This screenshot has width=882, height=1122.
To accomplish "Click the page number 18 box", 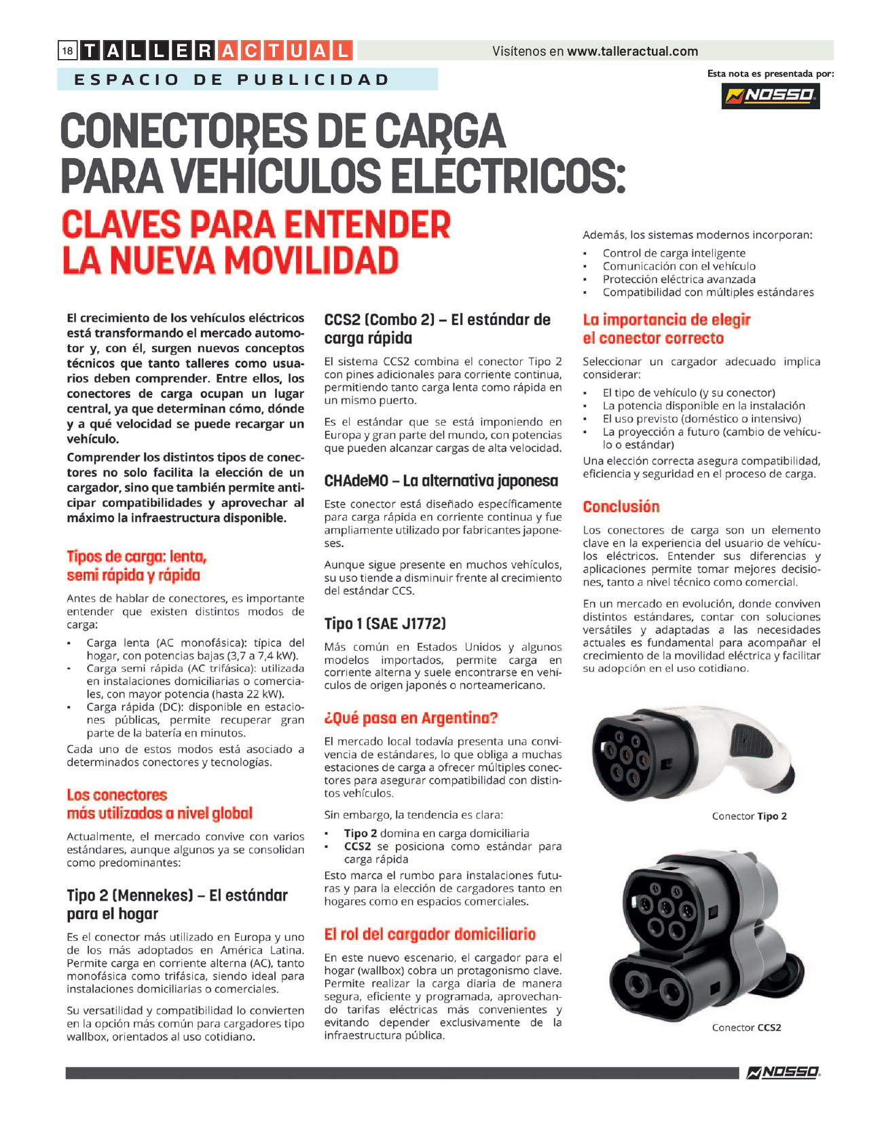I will (67, 51).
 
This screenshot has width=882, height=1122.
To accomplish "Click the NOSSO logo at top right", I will (770, 96).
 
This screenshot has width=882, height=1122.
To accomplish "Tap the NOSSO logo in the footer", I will (783, 1072).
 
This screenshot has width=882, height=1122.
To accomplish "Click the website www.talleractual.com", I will (632, 52).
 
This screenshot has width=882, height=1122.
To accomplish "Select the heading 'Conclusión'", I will (621, 506).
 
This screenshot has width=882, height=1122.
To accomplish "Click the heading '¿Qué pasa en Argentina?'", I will (411, 718).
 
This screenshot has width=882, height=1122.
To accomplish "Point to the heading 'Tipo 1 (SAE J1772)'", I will (385, 624).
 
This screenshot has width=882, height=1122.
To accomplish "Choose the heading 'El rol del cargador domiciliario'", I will (430, 934).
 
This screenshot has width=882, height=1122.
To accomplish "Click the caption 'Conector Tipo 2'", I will (749, 816).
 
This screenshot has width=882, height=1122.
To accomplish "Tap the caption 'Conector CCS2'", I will (746, 1028).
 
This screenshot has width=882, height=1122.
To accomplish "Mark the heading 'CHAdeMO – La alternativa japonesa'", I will (441, 481).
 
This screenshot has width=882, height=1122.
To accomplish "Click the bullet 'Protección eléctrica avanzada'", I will (678, 279).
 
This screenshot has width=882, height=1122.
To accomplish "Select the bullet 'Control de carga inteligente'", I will (674, 253).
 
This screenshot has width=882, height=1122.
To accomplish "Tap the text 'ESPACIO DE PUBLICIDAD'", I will (232, 79).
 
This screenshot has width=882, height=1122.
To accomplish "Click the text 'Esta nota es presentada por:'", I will (770, 73).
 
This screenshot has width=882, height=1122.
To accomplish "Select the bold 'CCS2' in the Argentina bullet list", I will (357, 846).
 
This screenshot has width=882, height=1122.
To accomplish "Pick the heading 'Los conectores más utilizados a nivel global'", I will (159, 804).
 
